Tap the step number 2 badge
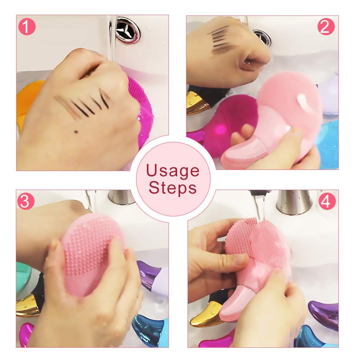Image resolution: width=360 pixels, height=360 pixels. [326, 27]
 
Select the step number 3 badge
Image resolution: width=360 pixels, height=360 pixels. [25, 202]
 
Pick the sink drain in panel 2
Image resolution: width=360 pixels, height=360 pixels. [262, 37]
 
